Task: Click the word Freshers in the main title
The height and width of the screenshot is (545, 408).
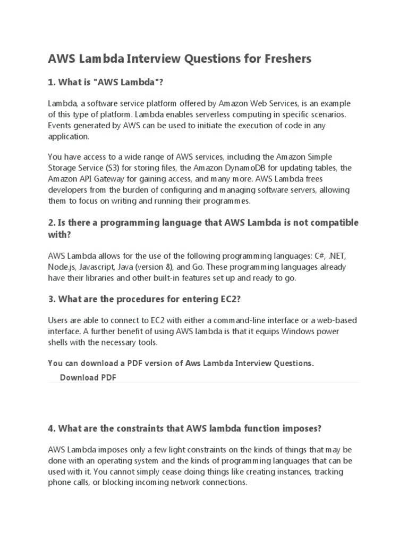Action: point(285,59)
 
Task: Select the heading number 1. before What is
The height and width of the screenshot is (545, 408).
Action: point(52,83)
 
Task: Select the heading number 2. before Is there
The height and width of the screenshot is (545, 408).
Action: point(52,221)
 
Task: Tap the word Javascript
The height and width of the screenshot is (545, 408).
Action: point(98,267)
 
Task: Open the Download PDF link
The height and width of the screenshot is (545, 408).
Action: point(88,377)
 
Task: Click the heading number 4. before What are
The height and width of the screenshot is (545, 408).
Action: point(52,428)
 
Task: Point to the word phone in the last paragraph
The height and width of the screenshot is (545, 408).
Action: point(59,483)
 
